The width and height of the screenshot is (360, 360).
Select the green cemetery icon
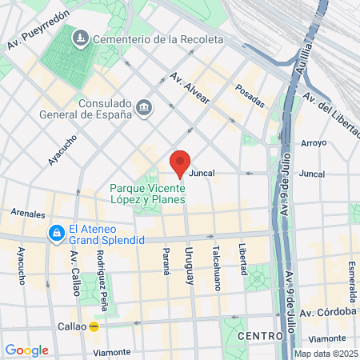coord(82,38)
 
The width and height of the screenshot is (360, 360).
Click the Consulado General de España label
coord(104,108)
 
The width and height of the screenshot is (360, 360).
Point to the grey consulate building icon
coord(144,107)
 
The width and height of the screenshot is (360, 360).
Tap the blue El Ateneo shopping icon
coord(56,234)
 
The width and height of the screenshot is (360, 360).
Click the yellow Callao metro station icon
coord(94,326)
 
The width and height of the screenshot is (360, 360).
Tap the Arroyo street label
coord(313,143)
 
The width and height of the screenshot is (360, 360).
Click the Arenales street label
coord(29,214)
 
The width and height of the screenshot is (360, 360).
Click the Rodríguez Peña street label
coord(102,270)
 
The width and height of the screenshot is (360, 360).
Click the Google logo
coord(26,350)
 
